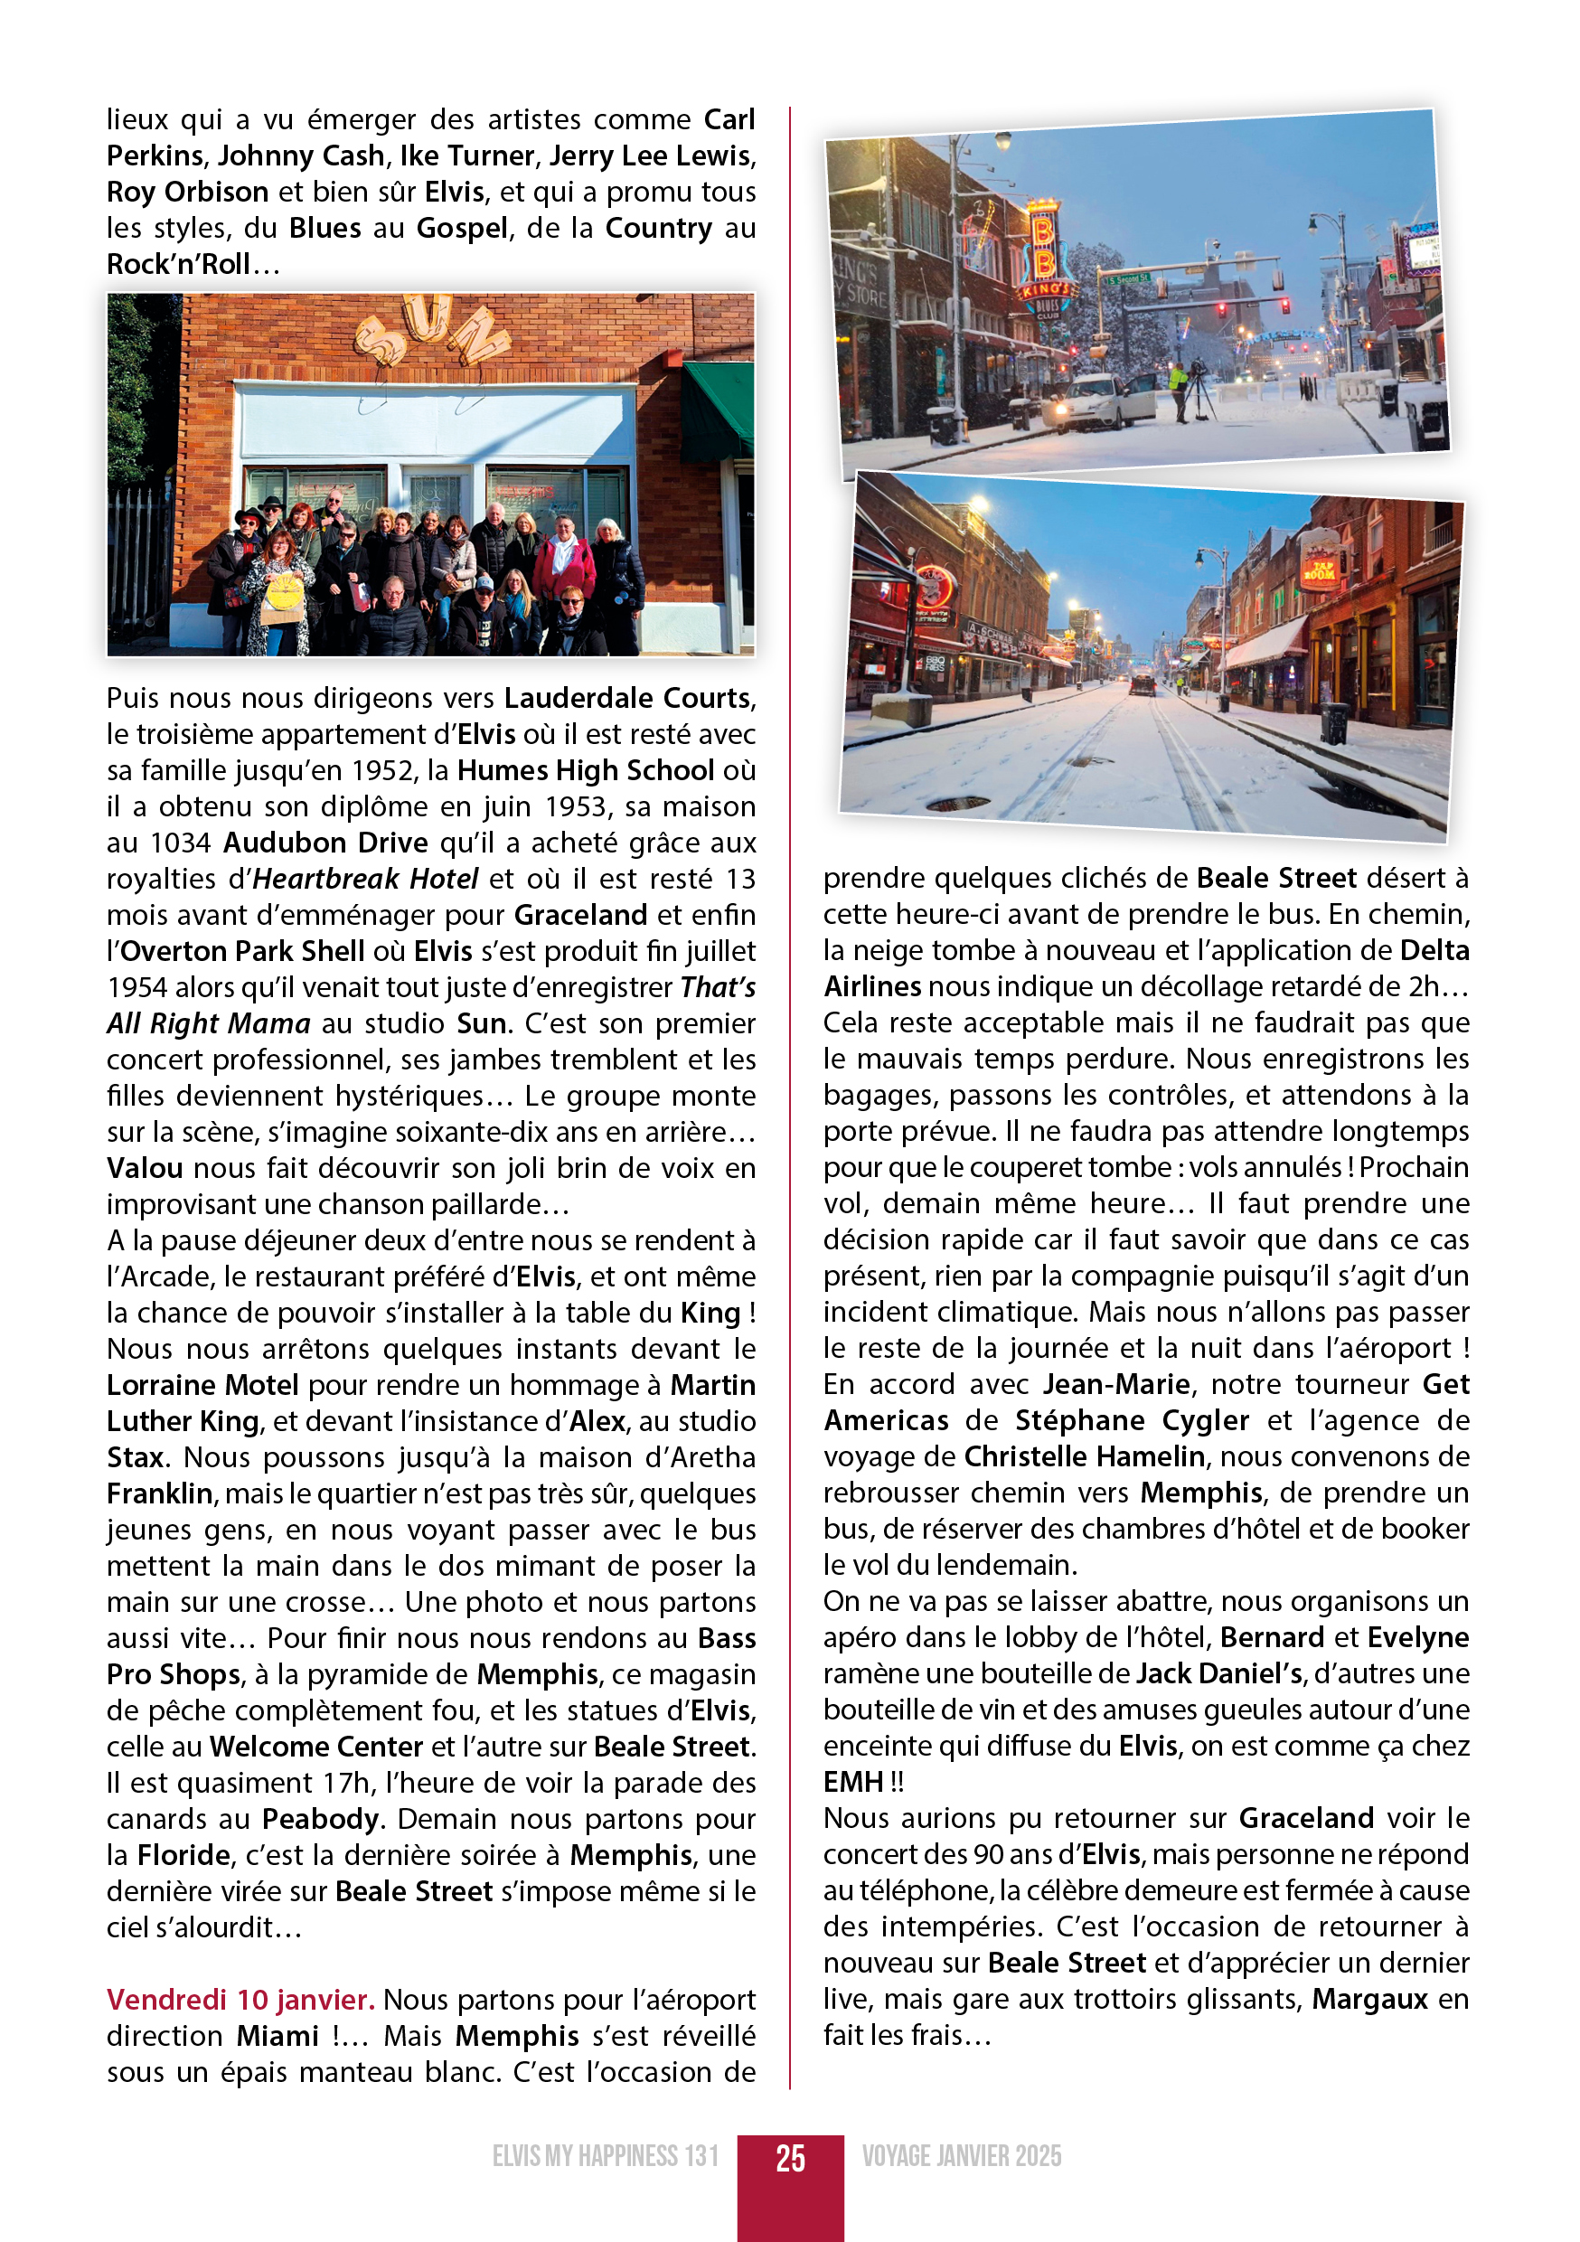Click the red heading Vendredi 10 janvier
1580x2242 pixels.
click(x=240, y=1999)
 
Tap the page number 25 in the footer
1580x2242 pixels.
click(x=790, y=2157)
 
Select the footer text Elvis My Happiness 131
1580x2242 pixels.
click(x=606, y=2156)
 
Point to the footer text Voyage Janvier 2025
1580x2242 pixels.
click(x=961, y=2156)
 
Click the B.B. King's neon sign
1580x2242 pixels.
click(x=1044, y=264)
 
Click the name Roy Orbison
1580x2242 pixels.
click(x=187, y=193)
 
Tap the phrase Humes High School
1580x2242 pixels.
click(x=585, y=770)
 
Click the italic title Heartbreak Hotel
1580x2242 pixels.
click(x=365, y=879)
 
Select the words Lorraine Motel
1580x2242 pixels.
click(x=202, y=1386)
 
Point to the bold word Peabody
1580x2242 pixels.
click(x=320, y=1819)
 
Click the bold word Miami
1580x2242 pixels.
click(x=277, y=2036)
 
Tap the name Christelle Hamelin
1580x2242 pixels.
click(x=1084, y=1457)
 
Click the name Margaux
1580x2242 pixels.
click(x=1369, y=1999)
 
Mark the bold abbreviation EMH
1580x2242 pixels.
click(x=852, y=1782)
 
